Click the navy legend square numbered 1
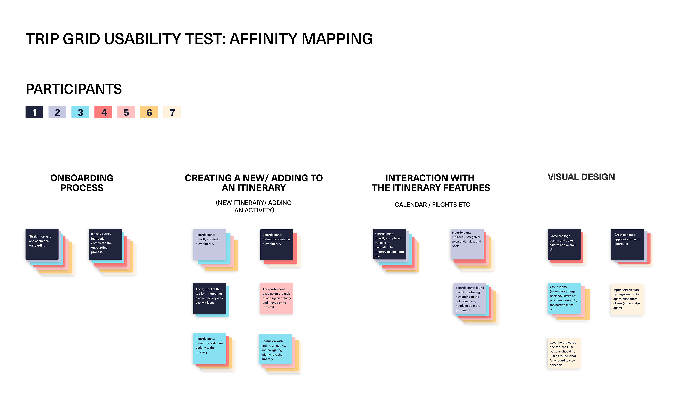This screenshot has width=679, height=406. tap(34, 112)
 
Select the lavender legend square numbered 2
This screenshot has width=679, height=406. tap(57, 112)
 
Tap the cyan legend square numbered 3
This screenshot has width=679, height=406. tap(80, 112)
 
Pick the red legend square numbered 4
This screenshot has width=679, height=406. tap(103, 112)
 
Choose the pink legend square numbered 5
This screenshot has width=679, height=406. tap(126, 112)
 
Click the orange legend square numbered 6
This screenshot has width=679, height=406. tap(149, 112)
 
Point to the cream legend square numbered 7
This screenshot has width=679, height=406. tap(172, 112)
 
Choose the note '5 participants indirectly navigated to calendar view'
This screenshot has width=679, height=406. tap(467, 244)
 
